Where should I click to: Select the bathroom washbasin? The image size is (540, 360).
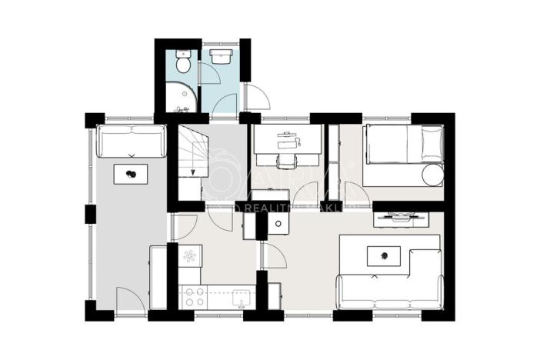(220, 57)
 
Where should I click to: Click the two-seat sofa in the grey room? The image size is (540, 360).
(131, 142)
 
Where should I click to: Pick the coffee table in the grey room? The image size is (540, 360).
(132, 175)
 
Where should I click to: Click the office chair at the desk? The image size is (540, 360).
(286, 160)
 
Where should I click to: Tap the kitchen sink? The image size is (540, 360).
(239, 295)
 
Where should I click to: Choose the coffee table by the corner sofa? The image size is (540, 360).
(382, 255)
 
